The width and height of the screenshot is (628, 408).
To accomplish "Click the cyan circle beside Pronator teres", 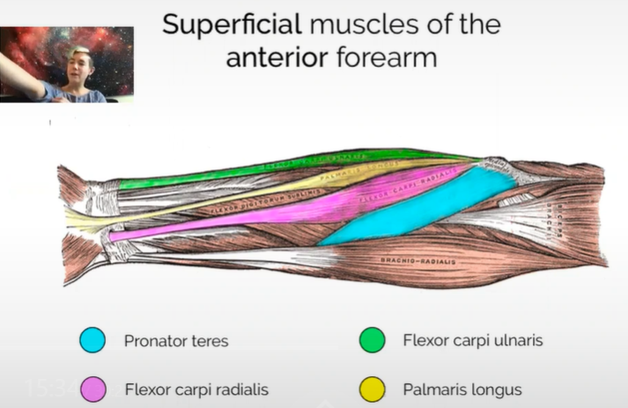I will pos(92,340).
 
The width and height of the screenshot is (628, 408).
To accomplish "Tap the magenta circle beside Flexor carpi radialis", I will pos(92,388).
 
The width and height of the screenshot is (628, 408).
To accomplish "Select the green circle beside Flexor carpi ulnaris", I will pos(373,340).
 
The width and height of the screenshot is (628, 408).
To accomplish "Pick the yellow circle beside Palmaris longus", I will pos(373,388).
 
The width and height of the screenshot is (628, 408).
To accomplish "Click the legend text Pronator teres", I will pos(175,340).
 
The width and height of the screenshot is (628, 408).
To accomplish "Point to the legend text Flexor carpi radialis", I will pos(196,388).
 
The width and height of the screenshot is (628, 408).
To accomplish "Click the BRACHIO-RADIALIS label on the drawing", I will pos(414,262).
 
